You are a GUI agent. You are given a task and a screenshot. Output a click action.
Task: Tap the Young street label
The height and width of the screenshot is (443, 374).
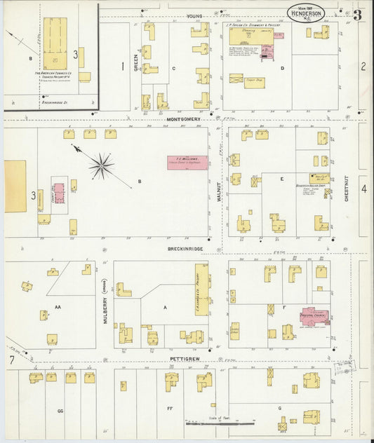pyautogui.click(x=194, y=15)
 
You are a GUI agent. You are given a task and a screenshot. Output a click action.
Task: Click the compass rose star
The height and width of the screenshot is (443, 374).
pyautogui.click(x=102, y=165)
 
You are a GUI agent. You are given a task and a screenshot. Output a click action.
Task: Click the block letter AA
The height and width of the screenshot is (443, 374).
pyautogui.click(x=58, y=307)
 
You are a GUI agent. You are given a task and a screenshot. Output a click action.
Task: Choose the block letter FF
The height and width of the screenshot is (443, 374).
pyautogui.click(x=169, y=407)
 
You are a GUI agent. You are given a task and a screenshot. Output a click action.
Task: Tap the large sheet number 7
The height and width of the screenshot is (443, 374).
pyautogui.click(x=12, y=360)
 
